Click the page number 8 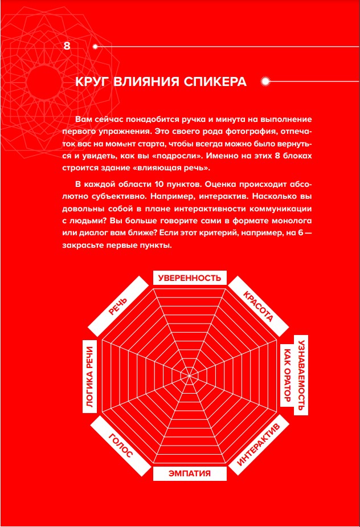[x=67, y=46]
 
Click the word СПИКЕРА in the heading [x=215, y=81]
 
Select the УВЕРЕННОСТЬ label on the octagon [x=190, y=278]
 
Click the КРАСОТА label [x=258, y=307]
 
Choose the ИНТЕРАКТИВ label [x=258, y=446]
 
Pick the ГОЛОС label [x=120, y=446]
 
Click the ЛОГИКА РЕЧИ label [x=89, y=378]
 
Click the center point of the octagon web [x=190, y=374]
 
